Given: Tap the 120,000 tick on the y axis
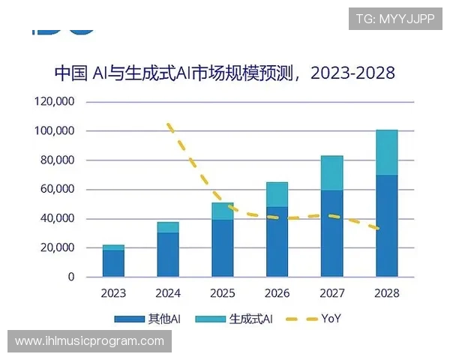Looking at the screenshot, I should click(55, 102).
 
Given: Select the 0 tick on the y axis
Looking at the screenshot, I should click(71, 277).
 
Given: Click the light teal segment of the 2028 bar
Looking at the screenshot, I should click(386, 152).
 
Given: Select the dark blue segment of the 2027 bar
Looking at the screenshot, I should click(331, 233).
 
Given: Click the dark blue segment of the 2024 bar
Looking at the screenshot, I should click(168, 254).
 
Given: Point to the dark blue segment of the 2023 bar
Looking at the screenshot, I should click(114, 263).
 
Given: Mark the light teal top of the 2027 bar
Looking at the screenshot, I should click(331, 172).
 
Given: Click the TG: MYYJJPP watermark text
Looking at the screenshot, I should click(394, 19).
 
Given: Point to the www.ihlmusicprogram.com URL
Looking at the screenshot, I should click(89, 341).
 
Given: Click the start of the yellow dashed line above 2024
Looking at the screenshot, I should click(169, 124).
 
